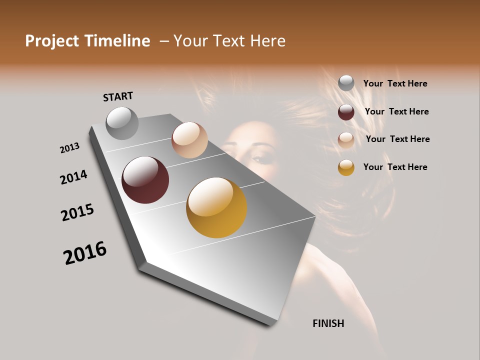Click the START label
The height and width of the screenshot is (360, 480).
tap(118, 96)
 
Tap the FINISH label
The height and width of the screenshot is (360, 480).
tap(328, 323)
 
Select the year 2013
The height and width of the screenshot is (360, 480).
tap(70, 148)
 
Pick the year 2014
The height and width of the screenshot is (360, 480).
tap(73, 177)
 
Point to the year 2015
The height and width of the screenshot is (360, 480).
tap(77, 212)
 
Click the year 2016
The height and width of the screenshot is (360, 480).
tap(85, 253)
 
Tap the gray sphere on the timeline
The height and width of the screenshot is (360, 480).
tap(122, 123)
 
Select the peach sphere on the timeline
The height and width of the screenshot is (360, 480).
tap(189, 140)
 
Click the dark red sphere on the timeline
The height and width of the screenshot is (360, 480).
tap(145, 180)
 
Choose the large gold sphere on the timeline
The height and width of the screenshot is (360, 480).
tap(216, 207)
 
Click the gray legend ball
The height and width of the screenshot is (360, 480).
tap(346, 83)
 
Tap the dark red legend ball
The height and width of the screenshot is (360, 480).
tap(346, 112)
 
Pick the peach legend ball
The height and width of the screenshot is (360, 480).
tap(346, 140)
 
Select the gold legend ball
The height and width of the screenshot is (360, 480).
tap(346, 167)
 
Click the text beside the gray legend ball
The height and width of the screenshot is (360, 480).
tap(395, 84)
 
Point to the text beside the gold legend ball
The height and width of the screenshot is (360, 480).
tap(395, 167)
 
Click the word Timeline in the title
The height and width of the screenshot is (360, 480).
tap(117, 41)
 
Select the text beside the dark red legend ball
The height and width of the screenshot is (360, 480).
tap(396, 111)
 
